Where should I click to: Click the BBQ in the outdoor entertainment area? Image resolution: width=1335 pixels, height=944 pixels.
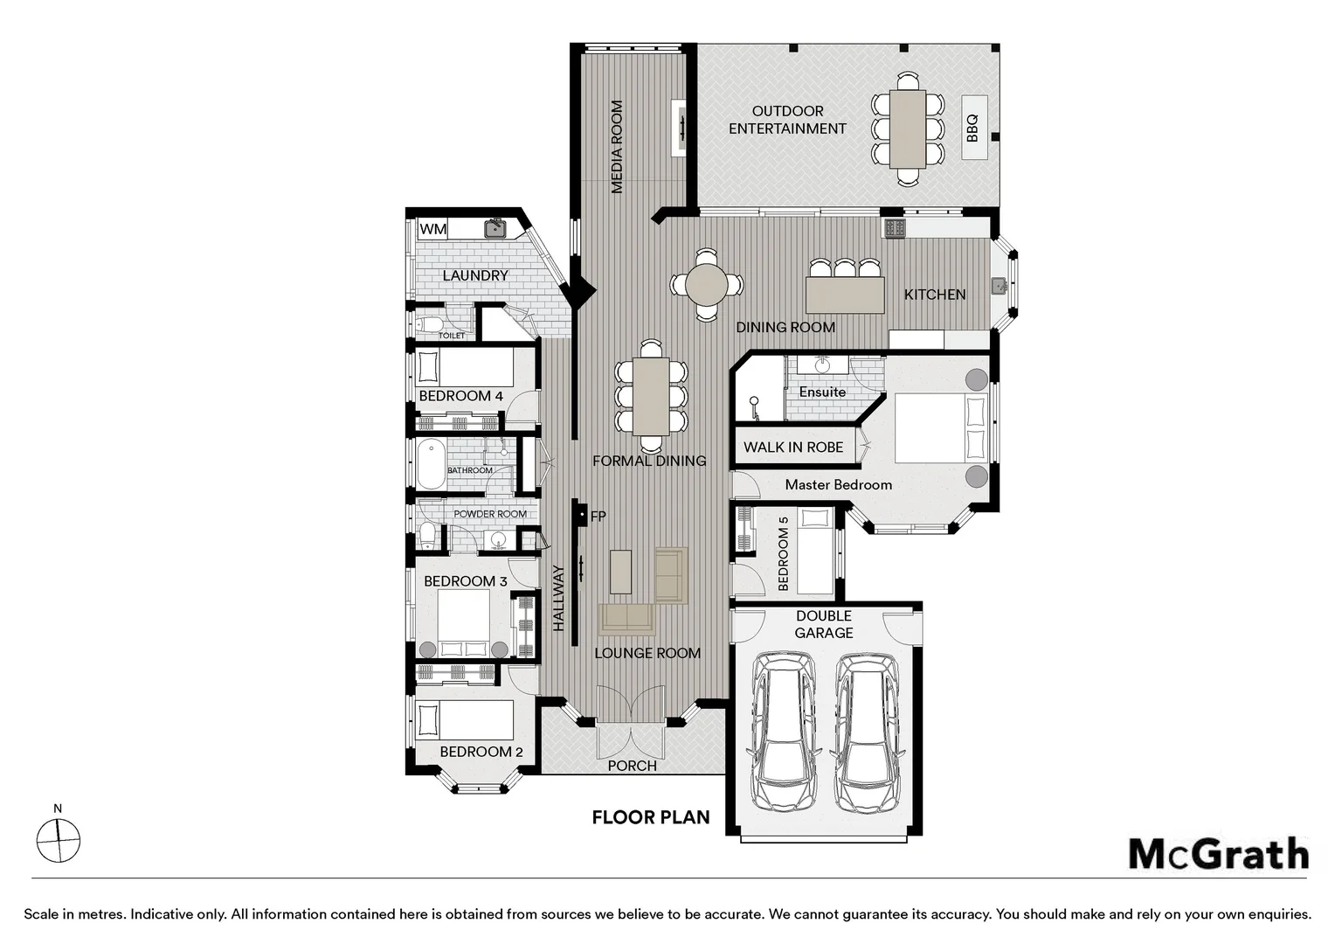click(x=974, y=127)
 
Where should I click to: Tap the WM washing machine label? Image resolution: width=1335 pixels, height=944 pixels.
click(x=432, y=229)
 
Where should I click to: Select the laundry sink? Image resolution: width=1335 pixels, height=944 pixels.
click(x=495, y=228)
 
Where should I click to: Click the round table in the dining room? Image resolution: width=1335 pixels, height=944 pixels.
click(x=706, y=285)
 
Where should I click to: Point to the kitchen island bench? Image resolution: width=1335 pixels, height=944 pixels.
click(x=845, y=294)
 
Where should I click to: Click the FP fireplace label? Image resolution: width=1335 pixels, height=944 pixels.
click(x=598, y=517)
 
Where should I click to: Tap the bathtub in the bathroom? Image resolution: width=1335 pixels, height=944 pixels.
click(x=431, y=464)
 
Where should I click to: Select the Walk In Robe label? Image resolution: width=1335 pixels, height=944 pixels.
click(x=793, y=448)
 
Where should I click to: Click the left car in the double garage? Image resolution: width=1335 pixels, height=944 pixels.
click(x=782, y=731)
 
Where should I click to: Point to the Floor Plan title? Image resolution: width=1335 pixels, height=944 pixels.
click(x=651, y=817)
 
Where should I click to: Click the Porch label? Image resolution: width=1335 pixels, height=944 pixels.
click(x=633, y=766)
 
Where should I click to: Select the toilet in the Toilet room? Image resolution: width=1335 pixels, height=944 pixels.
click(x=428, y=324)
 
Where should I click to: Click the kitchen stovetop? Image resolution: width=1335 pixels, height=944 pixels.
click(x=896, y=227)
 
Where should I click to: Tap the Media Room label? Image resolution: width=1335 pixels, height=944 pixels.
click(x=617, y=147)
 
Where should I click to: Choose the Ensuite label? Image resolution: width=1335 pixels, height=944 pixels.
click(x=822, y=392)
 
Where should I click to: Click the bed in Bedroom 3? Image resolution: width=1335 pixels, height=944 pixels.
click(x=464, y=624)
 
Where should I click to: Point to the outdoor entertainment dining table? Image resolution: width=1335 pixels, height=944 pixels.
click(x=909, y=128)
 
